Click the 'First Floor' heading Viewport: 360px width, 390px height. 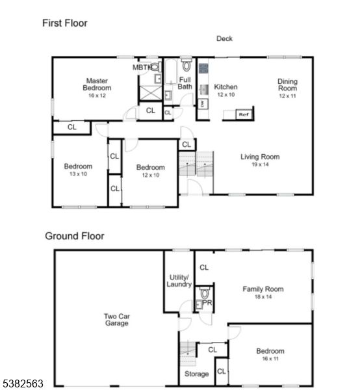[65, 23]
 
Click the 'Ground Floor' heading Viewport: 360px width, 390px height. [74, 236]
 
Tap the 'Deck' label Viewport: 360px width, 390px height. [224, 38]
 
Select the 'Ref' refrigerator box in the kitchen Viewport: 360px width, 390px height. [244, 114]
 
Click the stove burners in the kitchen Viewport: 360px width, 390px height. [203, 68]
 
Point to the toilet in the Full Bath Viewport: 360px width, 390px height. [186, 66]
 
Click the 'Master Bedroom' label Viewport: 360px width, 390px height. [96, 84]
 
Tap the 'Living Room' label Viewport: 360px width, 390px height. [260, 157]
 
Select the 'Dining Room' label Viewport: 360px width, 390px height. [287, 84]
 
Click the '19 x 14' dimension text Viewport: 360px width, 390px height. [260, 164]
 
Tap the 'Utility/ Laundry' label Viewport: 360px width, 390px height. [179, 280]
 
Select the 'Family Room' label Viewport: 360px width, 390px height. [263, 289]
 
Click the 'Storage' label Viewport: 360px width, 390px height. [196, 374]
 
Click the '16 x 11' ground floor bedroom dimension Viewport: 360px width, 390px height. [270, 359]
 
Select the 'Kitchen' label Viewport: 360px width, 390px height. [226, 86]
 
